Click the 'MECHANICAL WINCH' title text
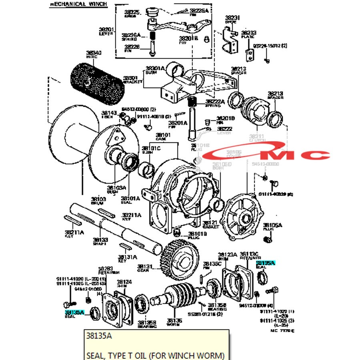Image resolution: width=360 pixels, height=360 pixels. (x=78, y=4)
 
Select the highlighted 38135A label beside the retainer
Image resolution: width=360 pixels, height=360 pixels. (x=266, y=263)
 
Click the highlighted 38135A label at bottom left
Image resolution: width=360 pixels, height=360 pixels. (x=74, y=312)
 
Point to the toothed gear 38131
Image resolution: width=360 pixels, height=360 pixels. (x=180, y=259)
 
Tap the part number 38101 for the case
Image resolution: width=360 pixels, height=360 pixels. (x=163, y=135)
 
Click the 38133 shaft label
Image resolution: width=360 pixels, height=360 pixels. (x=100, y=240)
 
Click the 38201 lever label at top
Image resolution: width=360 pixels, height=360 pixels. (x=107, y=29)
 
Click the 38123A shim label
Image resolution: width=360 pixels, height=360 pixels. (x=227, y=254)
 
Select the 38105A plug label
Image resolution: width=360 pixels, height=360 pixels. (x=272, y=225)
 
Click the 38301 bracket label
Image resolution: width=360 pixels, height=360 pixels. (x=130, y=78)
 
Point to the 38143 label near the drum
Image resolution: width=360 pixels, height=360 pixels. (x=109, y=113)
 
